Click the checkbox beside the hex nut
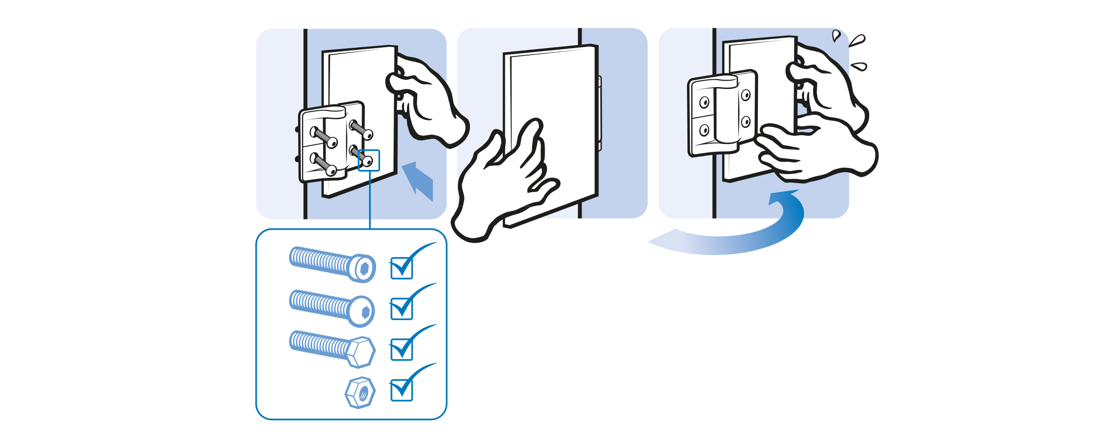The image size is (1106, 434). coord(401,390)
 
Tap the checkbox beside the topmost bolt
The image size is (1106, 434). coord(401,268)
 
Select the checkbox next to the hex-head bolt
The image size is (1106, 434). coord(401,349)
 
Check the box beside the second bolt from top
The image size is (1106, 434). coord(401,308)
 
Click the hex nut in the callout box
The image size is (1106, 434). coord(360,393)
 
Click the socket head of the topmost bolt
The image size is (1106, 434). coord(362,268)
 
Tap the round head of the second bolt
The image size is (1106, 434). coord(362,311)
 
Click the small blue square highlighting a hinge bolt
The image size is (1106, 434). coord(369,160)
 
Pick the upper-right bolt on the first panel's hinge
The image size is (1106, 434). coord(361,129)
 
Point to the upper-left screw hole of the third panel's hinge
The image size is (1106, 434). coord(704,102)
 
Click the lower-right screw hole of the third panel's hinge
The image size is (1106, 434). coord(745,122)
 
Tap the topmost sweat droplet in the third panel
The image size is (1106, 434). coord(835,35)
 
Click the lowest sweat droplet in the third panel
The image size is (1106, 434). coord(859,67)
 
